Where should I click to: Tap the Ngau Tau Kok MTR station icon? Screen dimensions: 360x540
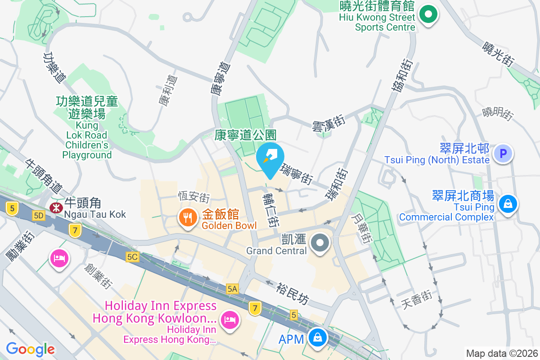tap(56, 208)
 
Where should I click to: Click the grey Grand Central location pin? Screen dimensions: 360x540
tap(320, 243)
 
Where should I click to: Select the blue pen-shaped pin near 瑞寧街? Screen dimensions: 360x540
tap(270, 158)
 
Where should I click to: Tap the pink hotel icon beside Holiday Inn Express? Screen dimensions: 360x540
tap(230, 320)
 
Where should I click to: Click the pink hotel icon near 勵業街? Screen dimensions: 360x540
tap(59, 258)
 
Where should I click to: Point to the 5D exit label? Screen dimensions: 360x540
tap(39, 216)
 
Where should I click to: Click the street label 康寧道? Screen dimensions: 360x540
tap(220, 79)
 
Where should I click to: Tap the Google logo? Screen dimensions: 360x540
tap(30, 349)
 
